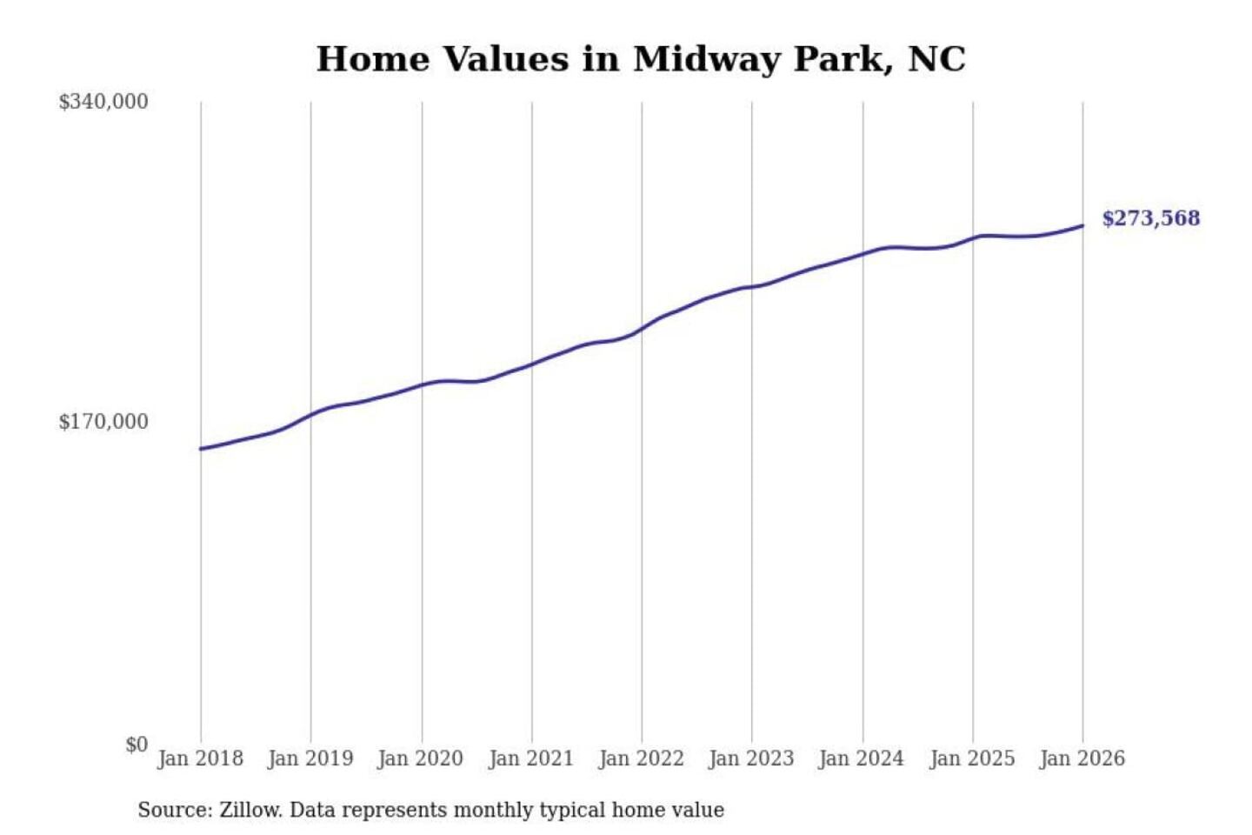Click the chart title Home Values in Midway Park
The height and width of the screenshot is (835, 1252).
tap(640, 59)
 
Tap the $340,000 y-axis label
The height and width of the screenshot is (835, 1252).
tap(103, 102)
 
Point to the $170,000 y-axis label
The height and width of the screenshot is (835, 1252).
tap(103, 422)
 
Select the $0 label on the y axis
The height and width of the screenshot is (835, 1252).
tap(137, 745)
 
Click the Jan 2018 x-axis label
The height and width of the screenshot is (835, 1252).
tap(200, 758)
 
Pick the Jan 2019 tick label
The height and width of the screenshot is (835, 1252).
tap(310, 758)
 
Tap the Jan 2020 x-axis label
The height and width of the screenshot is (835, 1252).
tap(421, 758)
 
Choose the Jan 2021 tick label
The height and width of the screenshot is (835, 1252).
tap(531, 758)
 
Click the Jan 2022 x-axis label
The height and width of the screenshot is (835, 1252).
tap(642, 758)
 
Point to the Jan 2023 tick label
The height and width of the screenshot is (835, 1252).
tap(752, 758)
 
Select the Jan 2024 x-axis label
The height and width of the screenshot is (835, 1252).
tap(862, 758)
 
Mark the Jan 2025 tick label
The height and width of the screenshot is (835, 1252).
tap(972, 758)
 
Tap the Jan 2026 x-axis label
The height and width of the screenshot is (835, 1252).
tap(1082, 758)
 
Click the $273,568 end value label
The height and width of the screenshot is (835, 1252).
tap(1151, 218)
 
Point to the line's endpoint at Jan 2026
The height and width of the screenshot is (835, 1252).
tap(1082, 226)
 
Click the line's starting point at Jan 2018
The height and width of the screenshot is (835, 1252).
tap(201, 449)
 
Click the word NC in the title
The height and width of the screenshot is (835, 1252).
tap(936, 59)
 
